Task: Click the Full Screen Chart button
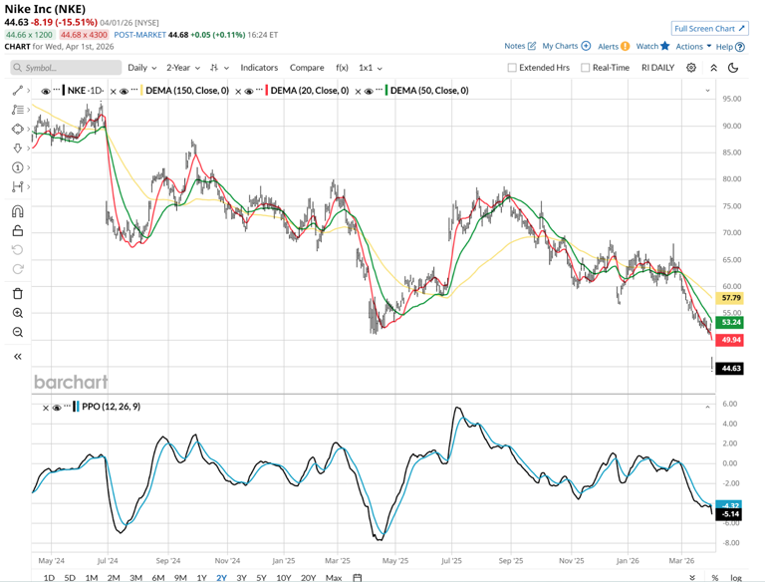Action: pyautogui.click(x=710, y=29)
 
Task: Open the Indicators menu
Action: pyautogui.click(x=259, y=68)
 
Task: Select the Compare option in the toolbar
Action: pyautogui.click(x=307, y=68)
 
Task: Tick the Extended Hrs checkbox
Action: pyautogui.click(x=512, y=68)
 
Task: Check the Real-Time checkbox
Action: pyautogui.click(x=586, y=68)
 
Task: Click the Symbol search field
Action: pyautogui.click(x=66, y=68)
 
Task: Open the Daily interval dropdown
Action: pyautogui.click(x=141, y=68)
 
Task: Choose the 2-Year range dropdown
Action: pyautogui.click(x=183, y=68)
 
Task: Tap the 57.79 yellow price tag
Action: pyautogui.click(x=731, y=298)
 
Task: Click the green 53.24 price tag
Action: pyautogui.click(x=731, y=322)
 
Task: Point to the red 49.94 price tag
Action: pyautogui.click(x=731, y=340)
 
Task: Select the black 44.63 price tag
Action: pyautogui.click(x=731, y=369)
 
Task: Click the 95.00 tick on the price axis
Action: pyautogui.click(x=732, y=99)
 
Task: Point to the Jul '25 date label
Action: pyautogui.click(x=451, y=561)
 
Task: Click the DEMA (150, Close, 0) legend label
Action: pyautogui.click(x=186, y=91)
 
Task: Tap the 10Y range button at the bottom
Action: pyautogui.click(x=283, y=578)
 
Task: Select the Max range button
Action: pyautogui.click(x=333, y=578)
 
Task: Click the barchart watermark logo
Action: pyautogui.click(x=71, y=383)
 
